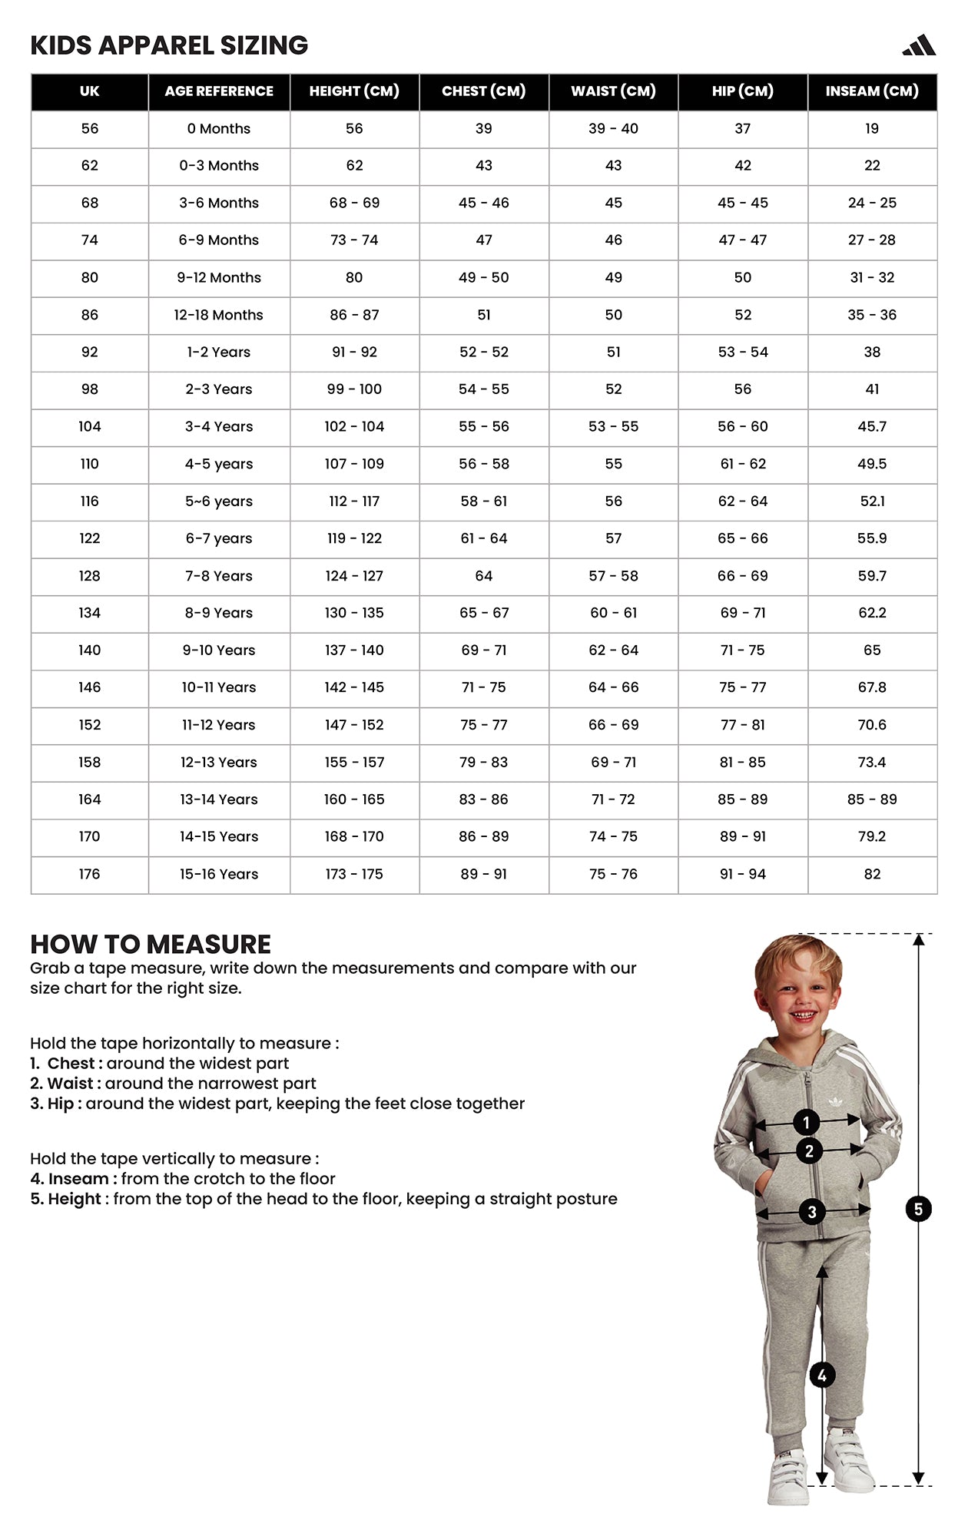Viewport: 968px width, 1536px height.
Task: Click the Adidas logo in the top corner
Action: (919, 46)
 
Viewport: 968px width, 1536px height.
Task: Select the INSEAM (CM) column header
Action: (872, 91)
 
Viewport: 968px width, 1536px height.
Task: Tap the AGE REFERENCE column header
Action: (219, 91)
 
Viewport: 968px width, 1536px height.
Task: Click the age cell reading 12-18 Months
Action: (219, 315)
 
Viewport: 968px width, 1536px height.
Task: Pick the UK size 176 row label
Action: (89, 874)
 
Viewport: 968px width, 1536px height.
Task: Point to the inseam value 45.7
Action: (872, 426)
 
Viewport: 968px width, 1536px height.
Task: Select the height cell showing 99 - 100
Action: (354, 389)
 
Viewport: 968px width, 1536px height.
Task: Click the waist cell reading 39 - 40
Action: (613, 128)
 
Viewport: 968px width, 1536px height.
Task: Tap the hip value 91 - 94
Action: (742, 874)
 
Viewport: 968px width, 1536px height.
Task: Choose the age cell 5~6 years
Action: (219, 502)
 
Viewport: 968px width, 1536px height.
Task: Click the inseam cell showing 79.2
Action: (872, 836)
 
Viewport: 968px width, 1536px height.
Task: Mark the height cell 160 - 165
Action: (354, 799)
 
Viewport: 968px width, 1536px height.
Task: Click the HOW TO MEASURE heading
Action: (151, 944)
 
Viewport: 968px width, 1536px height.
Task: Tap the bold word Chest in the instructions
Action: (71, 1064)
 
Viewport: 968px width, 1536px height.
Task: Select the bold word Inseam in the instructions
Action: (78, 1179)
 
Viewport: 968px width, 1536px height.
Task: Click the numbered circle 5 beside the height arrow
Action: (918, 1210)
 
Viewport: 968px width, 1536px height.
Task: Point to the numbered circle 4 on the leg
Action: (822, 1375)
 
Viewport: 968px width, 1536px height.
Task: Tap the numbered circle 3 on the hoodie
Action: (812, 1213)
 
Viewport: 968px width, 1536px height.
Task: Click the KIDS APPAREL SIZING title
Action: (169, 46)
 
